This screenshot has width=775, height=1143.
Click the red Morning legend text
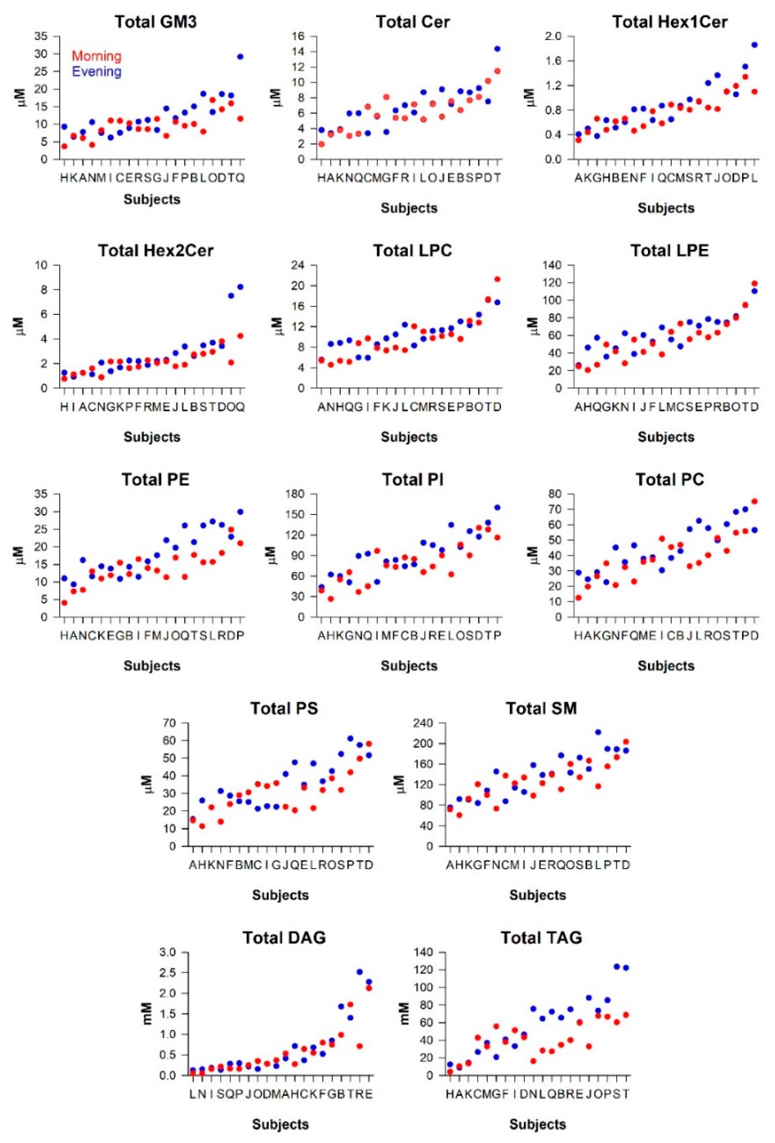pyautogui.click(x=97, y=56)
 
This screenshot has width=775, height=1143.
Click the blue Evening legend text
pyautogui.click(x=97, y=72)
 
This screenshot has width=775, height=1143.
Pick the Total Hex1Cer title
pyautogui.click(x=670, y=22)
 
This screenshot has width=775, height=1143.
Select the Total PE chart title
pyautogui.click(x=155, y=480)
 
